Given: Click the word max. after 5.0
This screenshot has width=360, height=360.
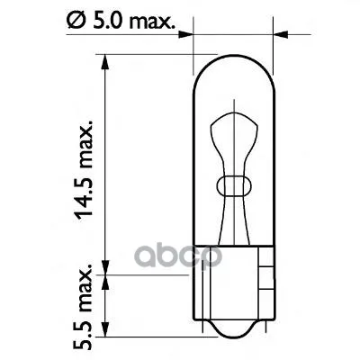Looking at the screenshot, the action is click(150, 22).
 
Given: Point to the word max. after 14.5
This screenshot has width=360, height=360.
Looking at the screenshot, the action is click(85, 145).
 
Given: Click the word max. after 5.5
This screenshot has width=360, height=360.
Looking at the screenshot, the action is click(85, 289).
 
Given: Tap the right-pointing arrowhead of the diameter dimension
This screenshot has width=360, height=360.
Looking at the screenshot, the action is click(185, 34).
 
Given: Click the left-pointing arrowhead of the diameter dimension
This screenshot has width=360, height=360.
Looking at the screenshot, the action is click(281, 34).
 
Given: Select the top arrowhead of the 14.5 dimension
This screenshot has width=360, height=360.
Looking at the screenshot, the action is click(105, 62).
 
